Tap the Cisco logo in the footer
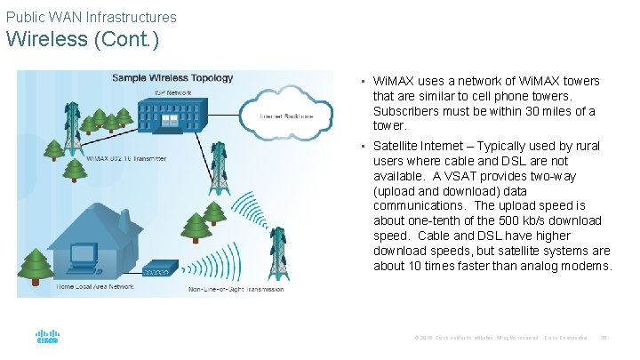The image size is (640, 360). pyautogui.click(x=47, y=338)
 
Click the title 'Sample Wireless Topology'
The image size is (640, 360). pyautogui.click(x=172, y=78)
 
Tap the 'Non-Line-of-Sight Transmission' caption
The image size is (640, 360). pyautogui.click(x=236, y=289)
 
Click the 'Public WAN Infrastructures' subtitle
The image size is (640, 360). pyautogui.click(x=91, y=17)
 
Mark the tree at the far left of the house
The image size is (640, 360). pyautogui.click(x=36, y=264)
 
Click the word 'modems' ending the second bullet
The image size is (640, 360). pyautogui.click(x=588, y=266)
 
